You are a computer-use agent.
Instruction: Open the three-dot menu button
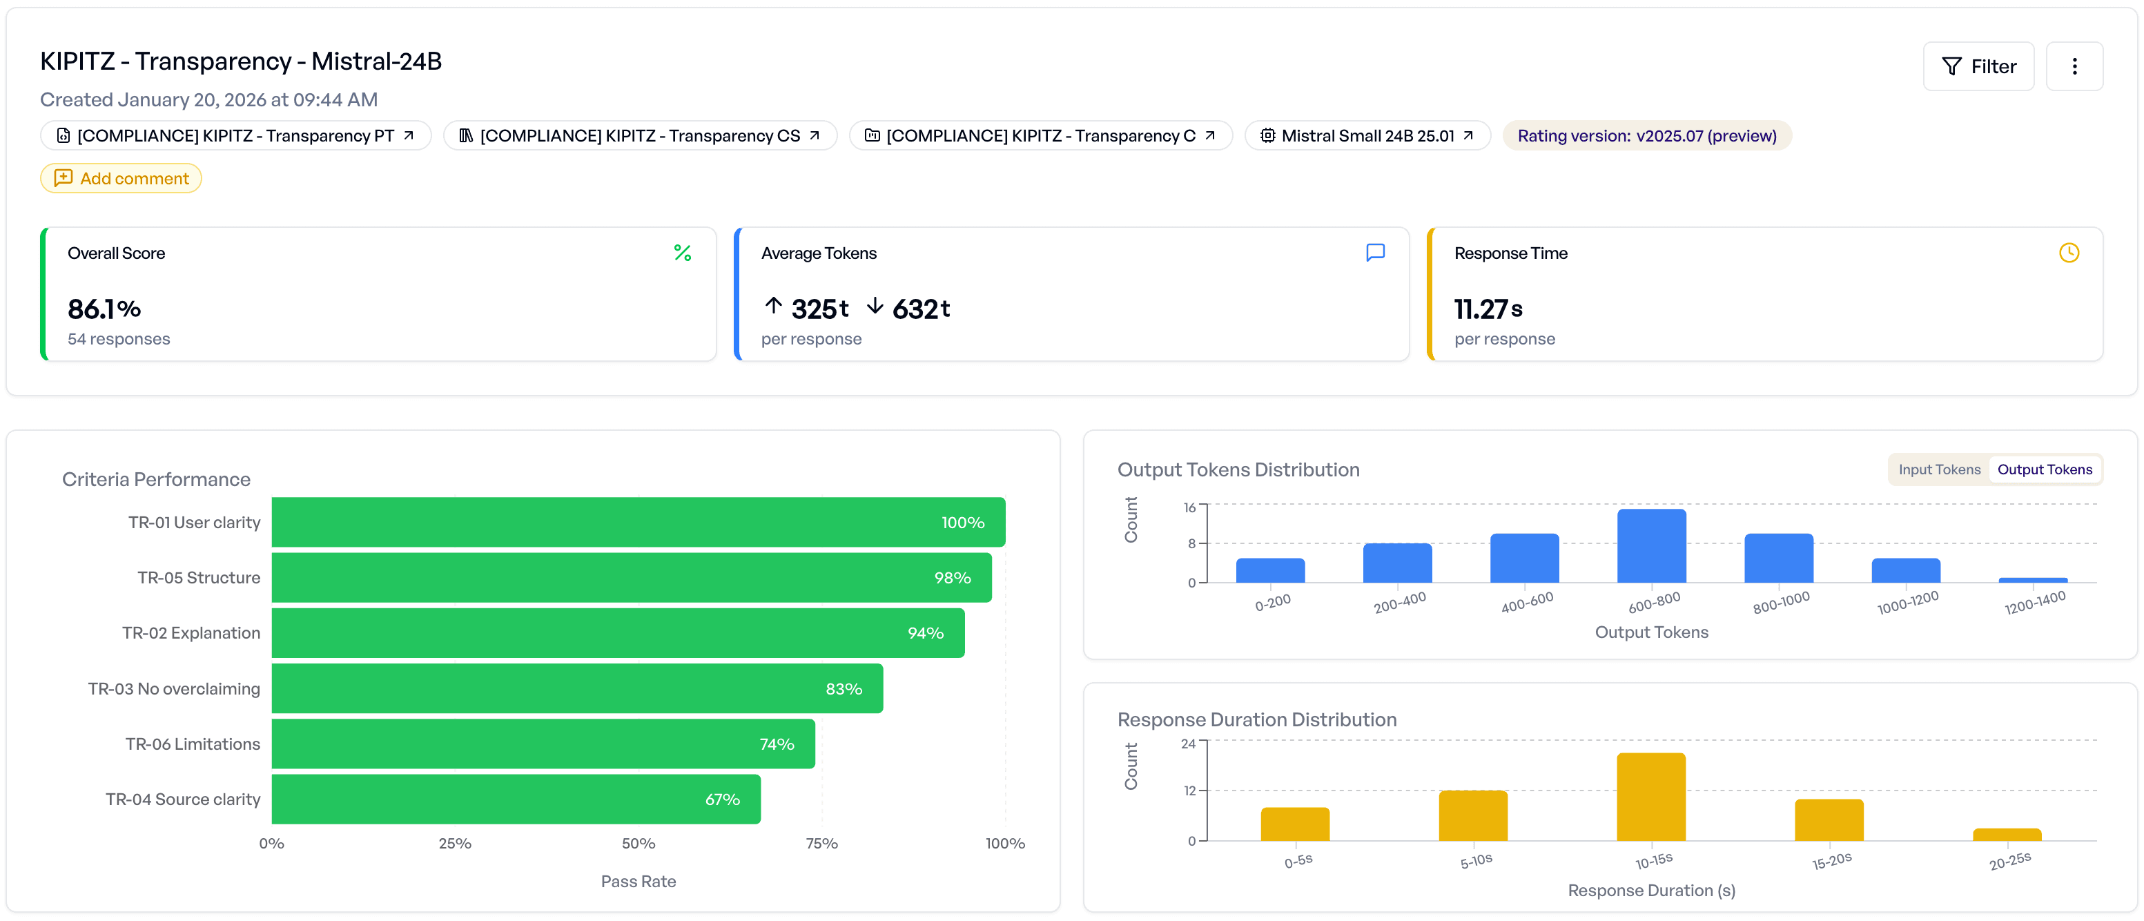(2074, 66)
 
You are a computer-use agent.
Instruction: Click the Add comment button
(121, 178)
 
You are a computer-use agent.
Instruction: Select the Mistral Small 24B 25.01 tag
(1367, 136)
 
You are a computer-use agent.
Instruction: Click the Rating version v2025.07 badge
(1646, 136)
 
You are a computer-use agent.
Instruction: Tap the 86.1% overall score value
(104, 309)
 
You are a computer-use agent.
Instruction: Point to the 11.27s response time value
(1488, 309)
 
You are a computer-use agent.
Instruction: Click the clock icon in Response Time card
(2068, 253)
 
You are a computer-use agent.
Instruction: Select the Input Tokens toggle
(1938, 469)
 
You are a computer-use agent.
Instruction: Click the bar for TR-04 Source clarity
(516, 799)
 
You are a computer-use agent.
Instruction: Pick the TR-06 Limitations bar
(543, 744)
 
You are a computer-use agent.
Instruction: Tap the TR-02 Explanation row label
(191, 633)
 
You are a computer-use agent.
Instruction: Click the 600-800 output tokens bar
(1651, 546)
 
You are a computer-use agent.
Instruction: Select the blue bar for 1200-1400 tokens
(2032, 579)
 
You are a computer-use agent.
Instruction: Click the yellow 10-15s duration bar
(1650, 797)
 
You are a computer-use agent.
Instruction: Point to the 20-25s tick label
(2009, 861)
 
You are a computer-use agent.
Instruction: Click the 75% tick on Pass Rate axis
(821, 844)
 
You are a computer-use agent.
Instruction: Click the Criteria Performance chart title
(157, 480)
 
